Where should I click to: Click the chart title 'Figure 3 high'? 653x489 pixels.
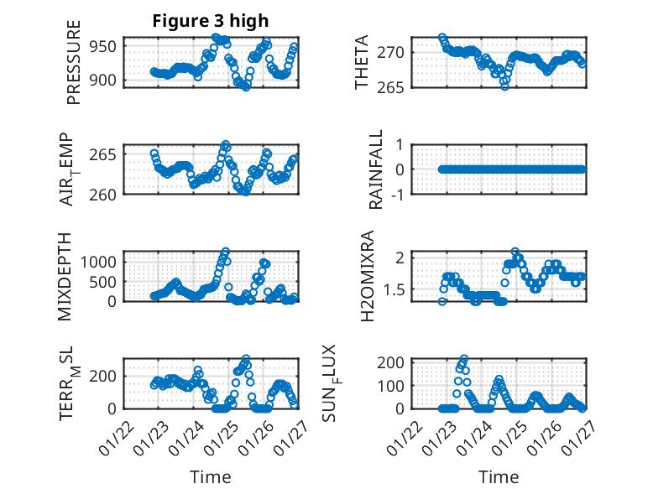click(210, 21)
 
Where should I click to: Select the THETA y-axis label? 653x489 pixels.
click(362, 63)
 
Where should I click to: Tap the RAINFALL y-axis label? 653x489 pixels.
click(377, 169)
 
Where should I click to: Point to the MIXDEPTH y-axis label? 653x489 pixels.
click(65, 276)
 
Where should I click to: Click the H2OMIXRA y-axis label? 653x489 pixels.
click(367, 276)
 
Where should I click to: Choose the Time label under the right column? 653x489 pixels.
click(499, 477)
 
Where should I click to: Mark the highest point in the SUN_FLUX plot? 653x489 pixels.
click(464, 358)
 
